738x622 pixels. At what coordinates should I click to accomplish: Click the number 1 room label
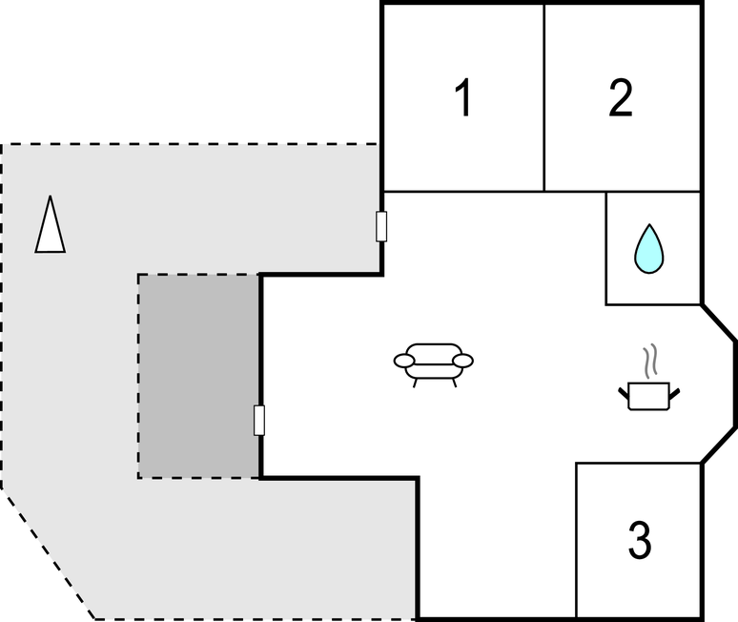tap(463, 98)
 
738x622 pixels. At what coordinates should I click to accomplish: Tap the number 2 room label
tap(621, 98)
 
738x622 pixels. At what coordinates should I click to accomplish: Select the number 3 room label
tap(640, 540)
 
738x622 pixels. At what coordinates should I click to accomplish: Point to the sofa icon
tap(434, 362)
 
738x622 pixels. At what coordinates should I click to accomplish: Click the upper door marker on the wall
tap(381, 226)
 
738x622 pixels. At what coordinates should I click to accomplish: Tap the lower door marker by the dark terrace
tap(259, 420)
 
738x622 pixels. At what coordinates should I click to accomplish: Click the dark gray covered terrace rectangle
tap(198, 376)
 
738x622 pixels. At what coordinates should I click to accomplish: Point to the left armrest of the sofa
tap(404, 361)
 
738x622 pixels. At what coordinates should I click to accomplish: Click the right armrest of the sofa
tap(463, 361)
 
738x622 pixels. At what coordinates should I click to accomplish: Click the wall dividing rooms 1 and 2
tap(543, 95)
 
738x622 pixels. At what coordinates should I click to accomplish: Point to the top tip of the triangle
tap(51, 197)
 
